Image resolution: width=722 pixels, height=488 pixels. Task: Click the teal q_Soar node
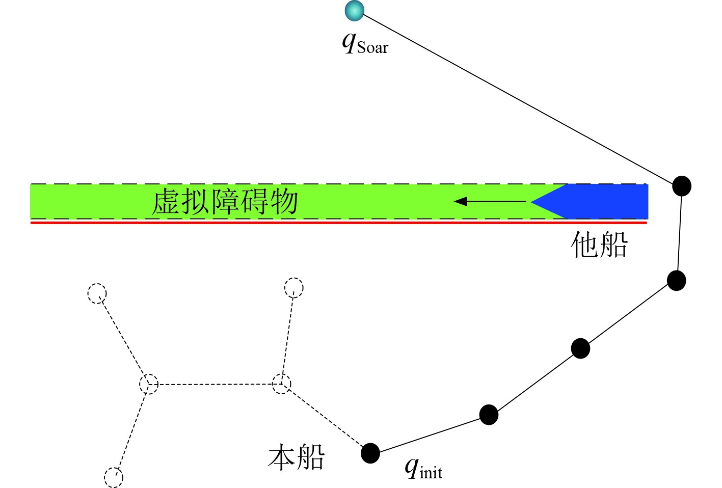(x=354, y=11)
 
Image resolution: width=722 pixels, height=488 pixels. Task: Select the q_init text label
(x=423, y=468)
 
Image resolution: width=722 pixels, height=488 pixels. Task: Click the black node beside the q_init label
(x=370, y=453)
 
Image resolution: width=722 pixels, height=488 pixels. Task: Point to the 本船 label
(x=296, y=456)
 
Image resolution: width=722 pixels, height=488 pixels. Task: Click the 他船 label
(x=599, y=245)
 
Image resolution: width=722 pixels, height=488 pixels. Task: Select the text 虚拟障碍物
(x=225, y=202)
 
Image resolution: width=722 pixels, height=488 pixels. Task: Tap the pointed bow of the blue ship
(x=535, y=202)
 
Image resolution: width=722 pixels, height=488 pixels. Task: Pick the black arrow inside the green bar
(x=489, y=202)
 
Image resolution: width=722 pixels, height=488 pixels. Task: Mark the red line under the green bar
(x=339, y=223)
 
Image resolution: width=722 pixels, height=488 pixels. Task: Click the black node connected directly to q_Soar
(x=681, y=186)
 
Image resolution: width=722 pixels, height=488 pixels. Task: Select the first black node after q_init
(x=489, y=415)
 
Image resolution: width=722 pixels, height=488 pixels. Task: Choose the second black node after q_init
(x=580, y=348)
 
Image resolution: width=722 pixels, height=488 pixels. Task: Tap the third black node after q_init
(x=676, y=281)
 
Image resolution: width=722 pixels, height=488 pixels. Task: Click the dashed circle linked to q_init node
(x=281, y=384)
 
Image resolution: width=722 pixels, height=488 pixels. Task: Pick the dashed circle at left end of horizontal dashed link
(x=149, y=384)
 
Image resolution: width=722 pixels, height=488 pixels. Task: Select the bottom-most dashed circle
(x=114, y=477)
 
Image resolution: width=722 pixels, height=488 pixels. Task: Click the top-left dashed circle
(x=97, y=293)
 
